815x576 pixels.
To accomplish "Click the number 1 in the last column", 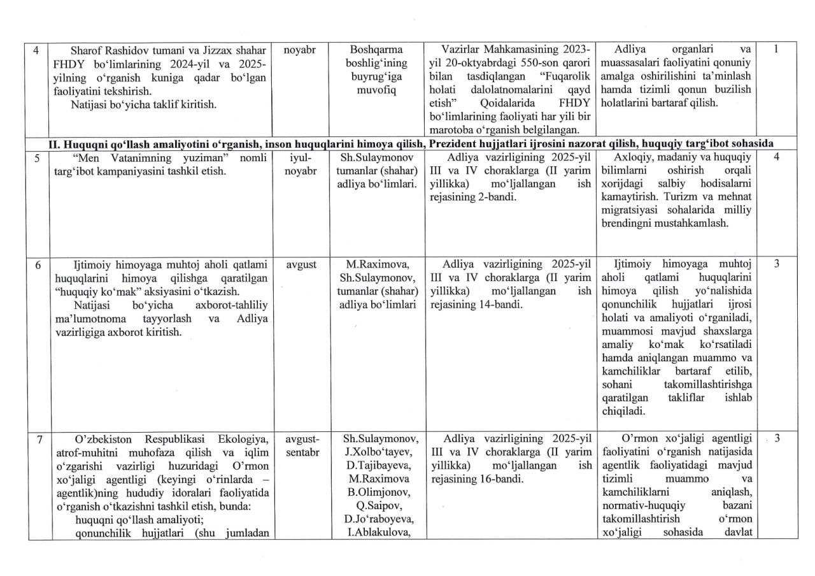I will pyautogui.click(x=776, y=50).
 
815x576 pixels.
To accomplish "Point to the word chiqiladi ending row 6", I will pyautogui.click(x=620, y=412).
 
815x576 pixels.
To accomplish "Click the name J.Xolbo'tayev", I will pyautogui.click(x=381, y=452).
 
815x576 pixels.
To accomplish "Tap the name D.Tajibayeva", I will pyautogui.click(x=381, y=466).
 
